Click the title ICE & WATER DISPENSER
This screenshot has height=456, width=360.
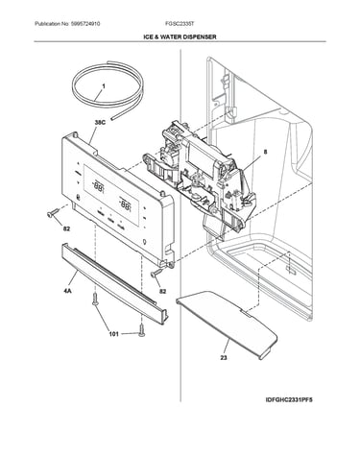click(180, 36)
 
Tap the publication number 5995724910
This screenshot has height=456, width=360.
click(85, 24)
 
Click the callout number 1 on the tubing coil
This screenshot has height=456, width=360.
click(104, 86)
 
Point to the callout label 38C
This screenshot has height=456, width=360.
click(100, 122)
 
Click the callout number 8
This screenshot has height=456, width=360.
click(265, 153)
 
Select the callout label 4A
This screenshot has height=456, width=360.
click(67, 291)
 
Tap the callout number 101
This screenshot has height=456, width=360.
click(113, 334)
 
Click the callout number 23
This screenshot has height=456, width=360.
click(224, 357)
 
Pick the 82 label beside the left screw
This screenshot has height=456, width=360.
click(66, 228)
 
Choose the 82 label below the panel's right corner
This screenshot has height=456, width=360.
click(163, 291)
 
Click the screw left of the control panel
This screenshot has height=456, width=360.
click(53, 213)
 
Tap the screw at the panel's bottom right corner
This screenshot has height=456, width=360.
click(157, 273)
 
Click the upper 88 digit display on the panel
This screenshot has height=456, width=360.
click(98, 185)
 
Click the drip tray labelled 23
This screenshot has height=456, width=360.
click(227, 324)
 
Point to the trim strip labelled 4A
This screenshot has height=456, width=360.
click(114, 283)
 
